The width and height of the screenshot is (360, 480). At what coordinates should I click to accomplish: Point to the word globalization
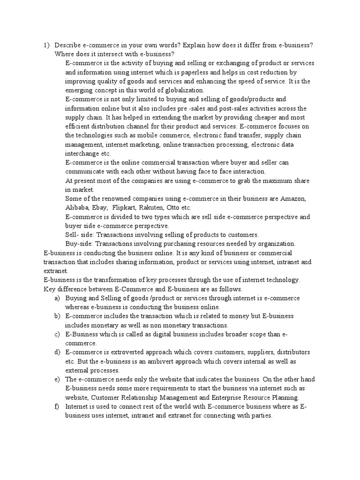183,90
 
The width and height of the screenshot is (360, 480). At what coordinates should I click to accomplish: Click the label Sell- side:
80,235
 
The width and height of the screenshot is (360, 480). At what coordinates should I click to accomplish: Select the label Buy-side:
80,244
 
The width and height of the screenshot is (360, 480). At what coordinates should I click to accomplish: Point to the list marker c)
57,334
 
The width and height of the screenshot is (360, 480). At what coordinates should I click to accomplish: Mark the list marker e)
57,379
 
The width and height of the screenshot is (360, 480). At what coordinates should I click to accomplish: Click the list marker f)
57,406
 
